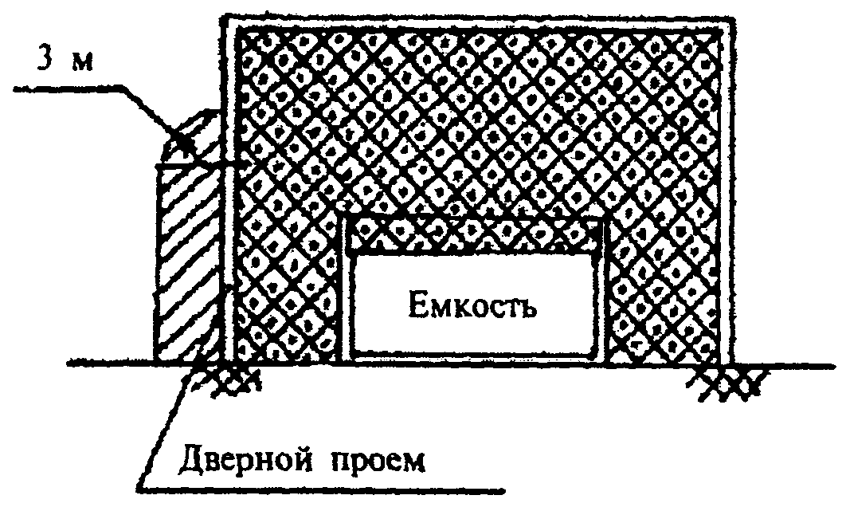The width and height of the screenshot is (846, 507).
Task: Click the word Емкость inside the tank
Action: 469,305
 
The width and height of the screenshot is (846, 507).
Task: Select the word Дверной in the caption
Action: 238,460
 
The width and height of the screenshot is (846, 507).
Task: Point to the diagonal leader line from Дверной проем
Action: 171,422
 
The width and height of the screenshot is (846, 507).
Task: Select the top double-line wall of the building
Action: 478,19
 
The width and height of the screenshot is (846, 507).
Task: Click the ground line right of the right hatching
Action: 797,365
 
